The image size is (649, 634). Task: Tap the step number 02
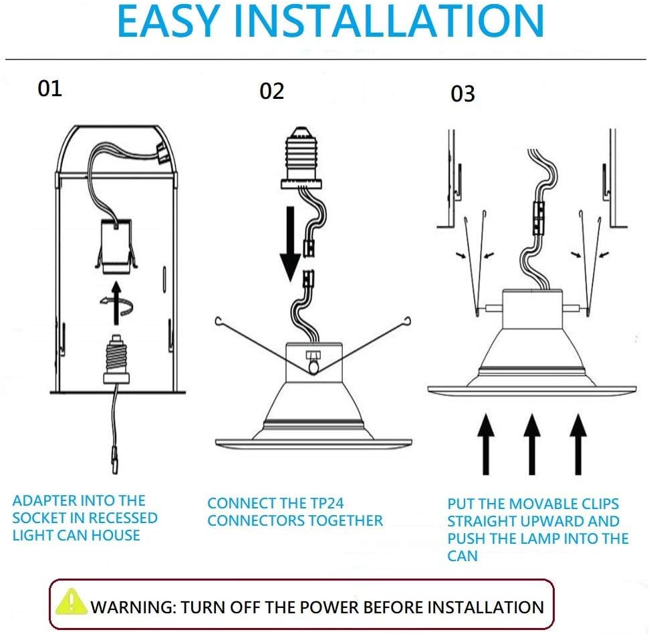272,91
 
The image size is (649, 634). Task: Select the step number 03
463,94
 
